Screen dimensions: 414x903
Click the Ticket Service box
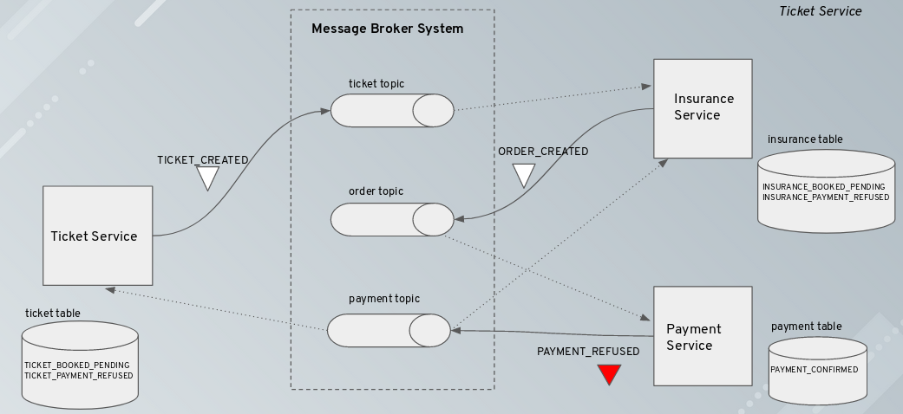point(94,236)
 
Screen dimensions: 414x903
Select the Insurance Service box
point(703,108)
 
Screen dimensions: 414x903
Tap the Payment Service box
point(702,337)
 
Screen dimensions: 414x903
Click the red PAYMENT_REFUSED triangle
point(609,374)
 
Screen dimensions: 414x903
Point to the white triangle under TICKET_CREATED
point(206,178)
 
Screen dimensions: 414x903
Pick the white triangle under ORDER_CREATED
point(523,175)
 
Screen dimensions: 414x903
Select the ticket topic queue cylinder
point(391,110)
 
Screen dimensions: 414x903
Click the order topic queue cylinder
point(391,219)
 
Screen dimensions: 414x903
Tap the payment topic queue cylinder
point(389,330)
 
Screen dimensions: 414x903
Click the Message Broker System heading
point(387,29)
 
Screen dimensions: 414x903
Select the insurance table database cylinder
point(826,191)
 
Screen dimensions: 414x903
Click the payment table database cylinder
point(817,371)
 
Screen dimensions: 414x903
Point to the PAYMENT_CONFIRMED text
point(815,370)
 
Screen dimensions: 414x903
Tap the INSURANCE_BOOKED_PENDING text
point(823,187)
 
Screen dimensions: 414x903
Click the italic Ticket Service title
point(820,11)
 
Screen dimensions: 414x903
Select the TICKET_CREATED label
point(202,160)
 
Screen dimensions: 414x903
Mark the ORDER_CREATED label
point(543,152)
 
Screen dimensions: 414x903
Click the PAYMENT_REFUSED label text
point(588,352)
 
